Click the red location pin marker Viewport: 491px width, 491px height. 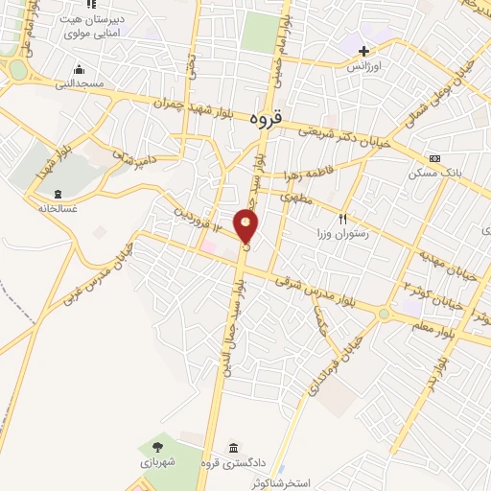point(247,227)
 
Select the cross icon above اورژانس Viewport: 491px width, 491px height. point(363,50)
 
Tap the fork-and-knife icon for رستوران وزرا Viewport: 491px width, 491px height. point(341,219)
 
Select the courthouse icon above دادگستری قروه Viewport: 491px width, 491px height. point(234,447)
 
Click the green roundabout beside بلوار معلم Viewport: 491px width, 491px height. point(384,314)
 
